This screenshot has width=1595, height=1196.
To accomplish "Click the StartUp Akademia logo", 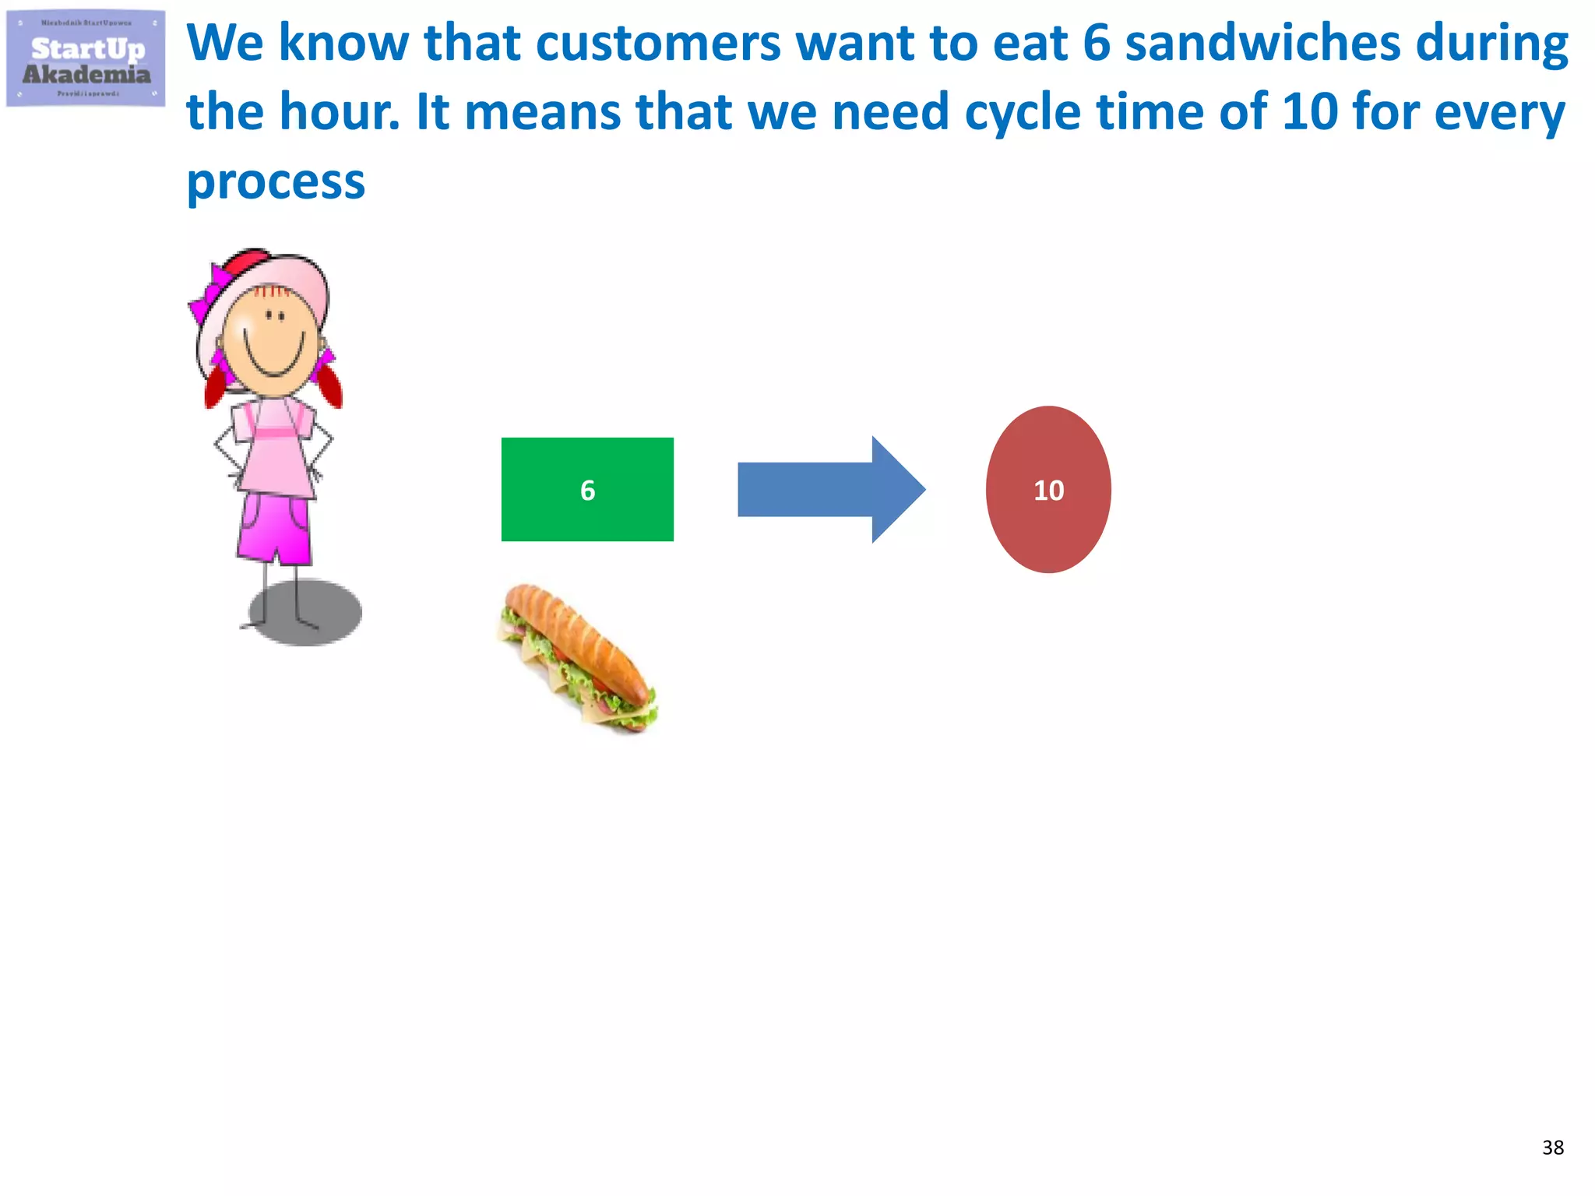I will click(x=86, y=59).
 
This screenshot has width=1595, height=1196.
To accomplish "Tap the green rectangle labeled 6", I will click(x=587, y=489).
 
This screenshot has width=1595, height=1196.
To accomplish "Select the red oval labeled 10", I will click(x=1048, y=490).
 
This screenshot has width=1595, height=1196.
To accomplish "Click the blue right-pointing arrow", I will click(x=830, y=489).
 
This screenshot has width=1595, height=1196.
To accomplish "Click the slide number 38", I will click(x=1552, y=1147).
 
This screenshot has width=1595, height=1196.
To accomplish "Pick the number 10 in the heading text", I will click(x=1310, y=112).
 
